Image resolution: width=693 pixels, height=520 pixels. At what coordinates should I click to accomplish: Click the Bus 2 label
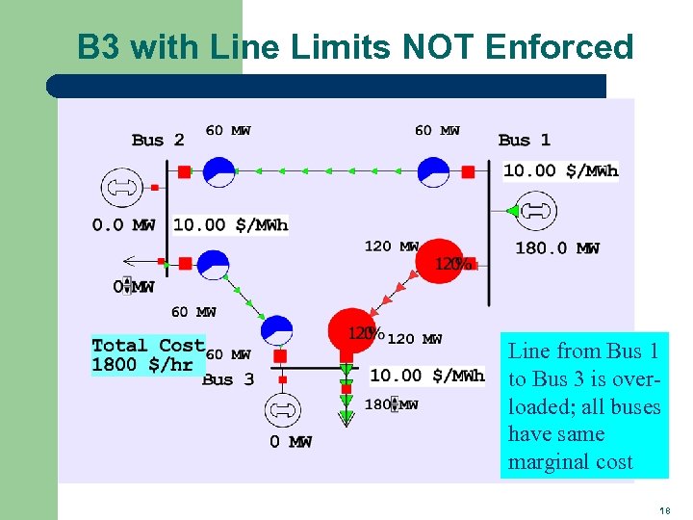(158, 141)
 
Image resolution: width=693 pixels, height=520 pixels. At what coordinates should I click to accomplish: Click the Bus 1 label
(525, 141)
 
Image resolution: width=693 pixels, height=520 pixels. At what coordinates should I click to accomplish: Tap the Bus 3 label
(228, 379)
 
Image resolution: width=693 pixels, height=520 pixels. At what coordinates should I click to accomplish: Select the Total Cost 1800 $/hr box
(147, 354)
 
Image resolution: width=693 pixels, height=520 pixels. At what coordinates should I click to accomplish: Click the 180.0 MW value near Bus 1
(557, 248)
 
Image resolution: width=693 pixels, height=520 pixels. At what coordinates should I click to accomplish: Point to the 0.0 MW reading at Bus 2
(123, 225)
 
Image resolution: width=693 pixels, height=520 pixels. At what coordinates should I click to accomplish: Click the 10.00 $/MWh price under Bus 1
(561, 171)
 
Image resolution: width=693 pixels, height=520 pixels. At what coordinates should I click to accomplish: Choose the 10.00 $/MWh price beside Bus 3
(427, 376)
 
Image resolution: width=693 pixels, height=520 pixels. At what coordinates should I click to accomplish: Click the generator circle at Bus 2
(121, 187)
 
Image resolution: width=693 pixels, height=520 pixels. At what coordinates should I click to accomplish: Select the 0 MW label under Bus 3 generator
(290, 442)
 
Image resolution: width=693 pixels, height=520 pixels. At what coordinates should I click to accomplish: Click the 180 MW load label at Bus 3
(391, 404)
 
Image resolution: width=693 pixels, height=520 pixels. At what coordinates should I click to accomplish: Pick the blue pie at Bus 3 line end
(276, 331)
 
